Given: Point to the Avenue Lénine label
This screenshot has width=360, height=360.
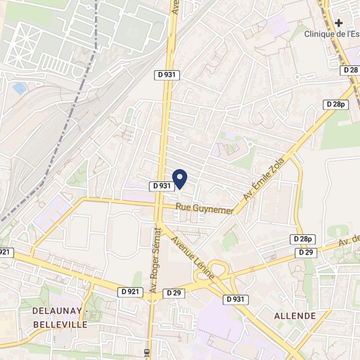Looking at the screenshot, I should [194, 258].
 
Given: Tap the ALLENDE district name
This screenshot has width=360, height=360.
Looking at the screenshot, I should [295, 316].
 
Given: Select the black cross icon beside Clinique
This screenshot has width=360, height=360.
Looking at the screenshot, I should [339, 22].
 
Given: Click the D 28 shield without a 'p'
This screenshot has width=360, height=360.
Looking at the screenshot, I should [350, 69].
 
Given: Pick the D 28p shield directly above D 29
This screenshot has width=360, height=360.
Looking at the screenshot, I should [304, 240].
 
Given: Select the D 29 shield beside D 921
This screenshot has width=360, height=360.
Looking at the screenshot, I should [173, 292].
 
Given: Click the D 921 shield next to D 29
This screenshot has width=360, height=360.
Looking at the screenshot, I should [130, 291].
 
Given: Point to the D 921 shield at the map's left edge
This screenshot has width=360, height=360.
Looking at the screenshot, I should [5, 251].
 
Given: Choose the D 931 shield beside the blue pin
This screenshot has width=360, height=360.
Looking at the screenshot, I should [161, 186].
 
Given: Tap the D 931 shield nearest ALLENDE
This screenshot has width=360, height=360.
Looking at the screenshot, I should [236, 299].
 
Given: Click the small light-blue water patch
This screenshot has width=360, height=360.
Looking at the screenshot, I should [20, 88].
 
